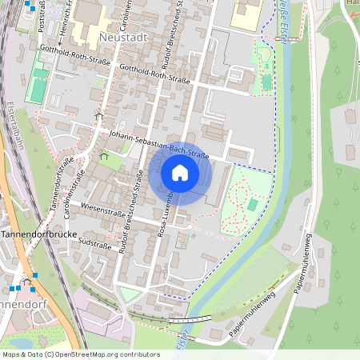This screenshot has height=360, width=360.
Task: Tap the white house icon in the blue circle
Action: (x=180, y=173)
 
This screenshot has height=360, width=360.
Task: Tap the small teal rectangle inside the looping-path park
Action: (x=252, y=206)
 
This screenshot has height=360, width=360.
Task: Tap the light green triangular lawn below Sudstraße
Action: (x=128, y=294)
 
